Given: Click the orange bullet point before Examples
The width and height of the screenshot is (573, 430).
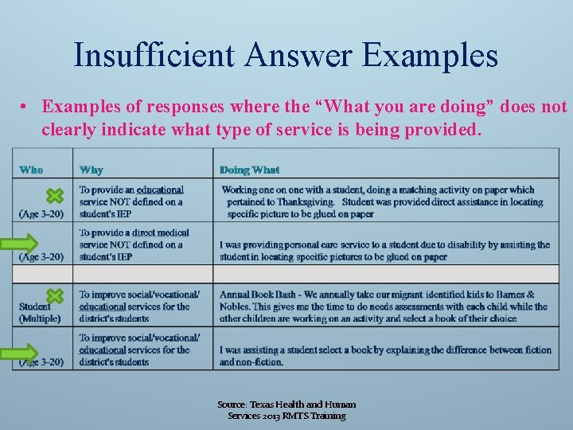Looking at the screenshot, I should tap(26, 107).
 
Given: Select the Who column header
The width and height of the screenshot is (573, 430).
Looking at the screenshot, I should tap(31, 170).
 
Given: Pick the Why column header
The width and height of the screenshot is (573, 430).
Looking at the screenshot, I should tap(91, 170).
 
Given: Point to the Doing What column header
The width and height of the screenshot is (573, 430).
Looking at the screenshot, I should tap(249, 170).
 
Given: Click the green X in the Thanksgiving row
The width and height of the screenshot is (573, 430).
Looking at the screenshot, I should tap(53, 196).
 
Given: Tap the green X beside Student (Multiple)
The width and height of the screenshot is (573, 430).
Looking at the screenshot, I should tap(53, 296).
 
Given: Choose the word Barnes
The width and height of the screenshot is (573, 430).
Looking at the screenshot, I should tap(517, 295).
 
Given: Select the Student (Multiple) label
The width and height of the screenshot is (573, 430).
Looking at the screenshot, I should tap(40, 312).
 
